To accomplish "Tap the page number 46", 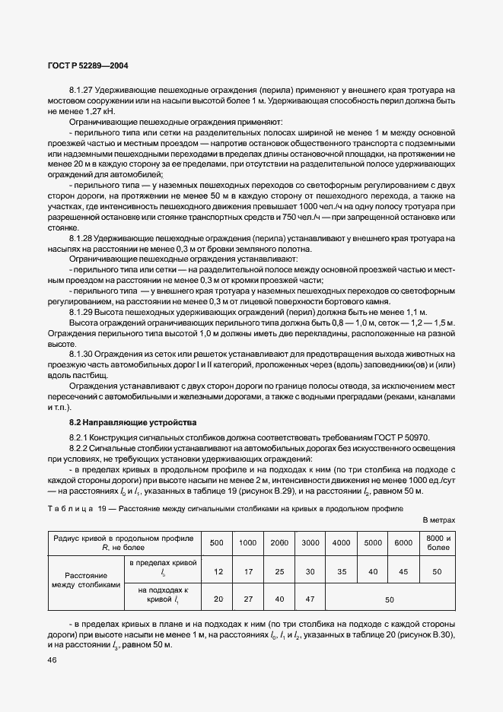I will (53, 660).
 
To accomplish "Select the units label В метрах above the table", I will (438, 520).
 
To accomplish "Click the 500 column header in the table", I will (217, 542).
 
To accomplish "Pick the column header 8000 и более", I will (439, 542).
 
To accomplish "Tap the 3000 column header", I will (310, 542).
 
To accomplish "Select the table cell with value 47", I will (310, 599).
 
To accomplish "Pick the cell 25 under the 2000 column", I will (279, 571).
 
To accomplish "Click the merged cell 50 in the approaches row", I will (390, 599).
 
